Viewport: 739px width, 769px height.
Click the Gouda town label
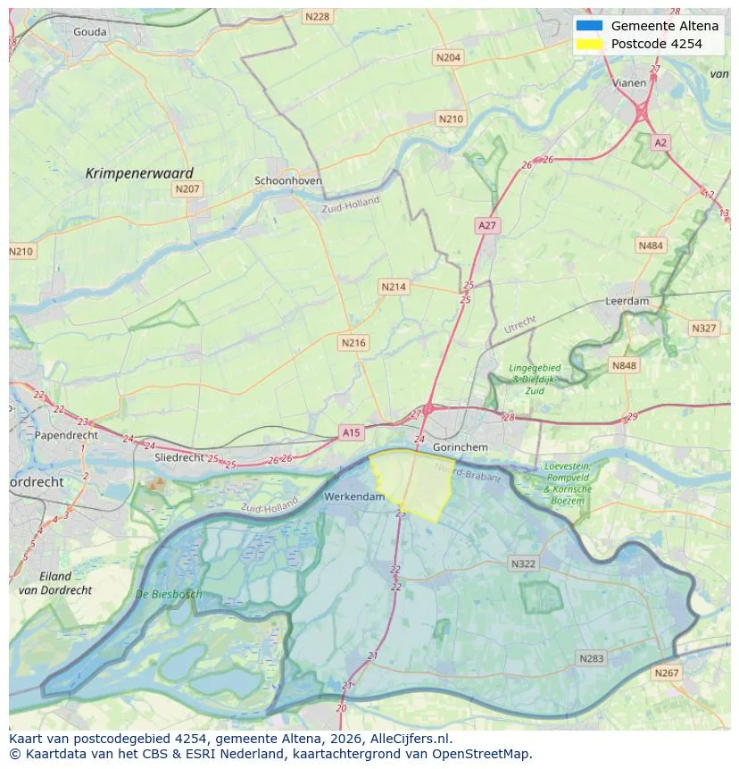click(89, 32)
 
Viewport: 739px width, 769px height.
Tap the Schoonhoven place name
click(288, 180)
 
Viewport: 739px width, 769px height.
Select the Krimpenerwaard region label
click(139, 173)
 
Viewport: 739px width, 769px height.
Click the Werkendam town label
click(354, 496)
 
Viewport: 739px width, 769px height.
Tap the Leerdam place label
click(627, 302)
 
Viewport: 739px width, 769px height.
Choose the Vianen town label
click(629, 82)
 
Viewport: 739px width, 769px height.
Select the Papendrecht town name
click(65, 435)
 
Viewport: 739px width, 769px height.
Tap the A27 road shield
click(486, 226)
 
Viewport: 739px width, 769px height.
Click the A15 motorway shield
click(351, 432)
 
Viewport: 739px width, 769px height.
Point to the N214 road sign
click(393, 287)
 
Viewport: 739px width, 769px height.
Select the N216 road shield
click(353, 342)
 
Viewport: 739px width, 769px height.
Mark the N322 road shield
click(523, 564)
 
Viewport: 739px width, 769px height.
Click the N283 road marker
click(591, 658)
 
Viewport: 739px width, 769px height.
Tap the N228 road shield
click(316, 16)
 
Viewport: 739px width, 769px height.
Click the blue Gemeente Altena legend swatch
click(590, 26)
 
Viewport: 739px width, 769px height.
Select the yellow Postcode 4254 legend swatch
click(590, 44)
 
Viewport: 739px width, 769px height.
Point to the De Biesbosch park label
click(169, 594)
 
